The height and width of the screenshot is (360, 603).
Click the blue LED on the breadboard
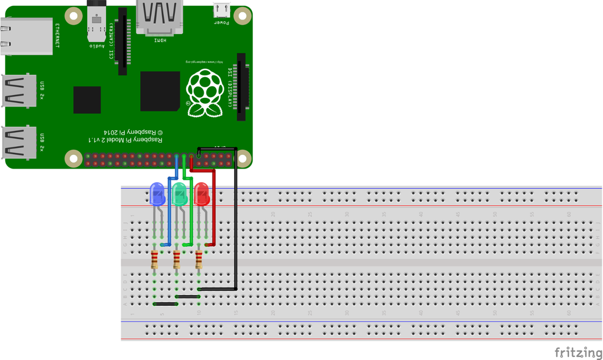157,194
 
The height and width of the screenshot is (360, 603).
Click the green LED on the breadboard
180,194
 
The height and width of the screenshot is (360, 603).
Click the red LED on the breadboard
201,194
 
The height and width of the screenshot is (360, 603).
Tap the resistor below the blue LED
154,259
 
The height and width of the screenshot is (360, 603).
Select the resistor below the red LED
199,259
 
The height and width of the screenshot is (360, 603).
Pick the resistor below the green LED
177,259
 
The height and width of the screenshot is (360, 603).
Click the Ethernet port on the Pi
26,36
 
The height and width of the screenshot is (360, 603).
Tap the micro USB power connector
221,11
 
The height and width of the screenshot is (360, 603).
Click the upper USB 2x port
19,91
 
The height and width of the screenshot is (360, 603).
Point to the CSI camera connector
122,41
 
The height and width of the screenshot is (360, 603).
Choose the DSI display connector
241,87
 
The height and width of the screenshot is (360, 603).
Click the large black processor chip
160,91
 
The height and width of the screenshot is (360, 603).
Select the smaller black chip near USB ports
87,100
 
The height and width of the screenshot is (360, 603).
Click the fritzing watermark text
578,352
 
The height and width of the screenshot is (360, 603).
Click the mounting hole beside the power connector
243,15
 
